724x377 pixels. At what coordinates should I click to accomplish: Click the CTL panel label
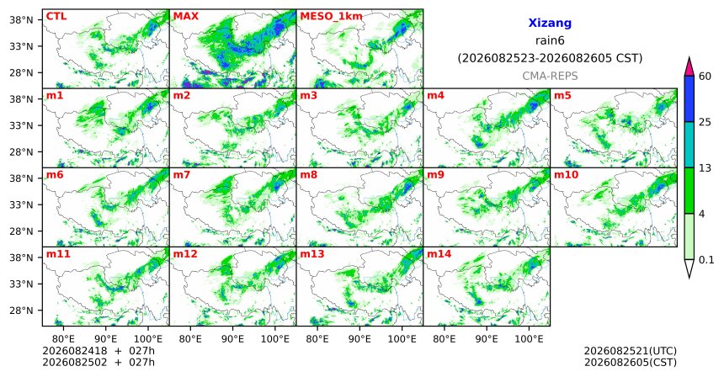pyautogui.click(x=56, y=16)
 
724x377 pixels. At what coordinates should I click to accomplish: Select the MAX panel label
pyautogui.click(x=185, y=16)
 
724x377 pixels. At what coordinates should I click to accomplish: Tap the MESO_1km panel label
pyautogui.click(x=331, y=17)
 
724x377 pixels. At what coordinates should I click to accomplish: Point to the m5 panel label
pyautogui.click(x=562, y=96)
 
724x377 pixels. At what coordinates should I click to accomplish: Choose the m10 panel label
pyautogui.click(x=566, y=175)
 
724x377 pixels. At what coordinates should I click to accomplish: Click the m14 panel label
pyautogui.click(x=439, y=254)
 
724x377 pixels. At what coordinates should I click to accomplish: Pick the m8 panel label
pyautogui.click(x=308, y=175)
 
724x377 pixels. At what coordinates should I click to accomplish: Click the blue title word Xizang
pyautogui.click(x=550, y=23)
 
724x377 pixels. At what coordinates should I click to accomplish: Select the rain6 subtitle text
pyautogui.click(x=550, y=40)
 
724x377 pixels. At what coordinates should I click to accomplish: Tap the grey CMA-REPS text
pyautogui.click(x=550, y=76)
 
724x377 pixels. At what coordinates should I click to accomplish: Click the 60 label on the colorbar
pyautogui.click(x=705, y=76)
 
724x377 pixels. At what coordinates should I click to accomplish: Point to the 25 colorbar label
pyautogui.click(x=705, y=122)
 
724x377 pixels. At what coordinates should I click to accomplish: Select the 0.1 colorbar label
pyautogui.click(x=706, y=260)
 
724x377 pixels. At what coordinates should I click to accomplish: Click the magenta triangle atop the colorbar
pyautogui.click(x=689, y=66)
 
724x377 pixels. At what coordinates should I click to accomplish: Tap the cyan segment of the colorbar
pyautogui.click(x=689, y=145)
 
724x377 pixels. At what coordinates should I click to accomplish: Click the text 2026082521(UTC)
pyautogui.click(x=631, y=351)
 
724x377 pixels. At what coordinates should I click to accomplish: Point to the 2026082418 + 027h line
pyautogui.click(x=98, y=351)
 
